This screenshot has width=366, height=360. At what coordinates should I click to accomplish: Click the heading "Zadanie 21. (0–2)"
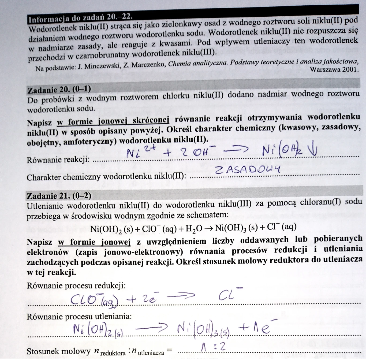tap(59, 196)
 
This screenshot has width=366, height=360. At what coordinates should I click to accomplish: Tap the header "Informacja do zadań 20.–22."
tap(80, 18)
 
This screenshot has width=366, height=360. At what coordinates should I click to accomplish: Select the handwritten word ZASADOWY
tap(248, 169)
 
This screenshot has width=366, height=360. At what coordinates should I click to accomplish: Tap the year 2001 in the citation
tap(349, 69)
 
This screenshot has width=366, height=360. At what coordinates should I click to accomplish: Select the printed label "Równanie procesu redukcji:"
tap(76, 286)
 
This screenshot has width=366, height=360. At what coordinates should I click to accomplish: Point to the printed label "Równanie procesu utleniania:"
tap(79, 317)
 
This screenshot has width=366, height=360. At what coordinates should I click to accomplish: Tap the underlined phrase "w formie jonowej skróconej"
tap(113, 121)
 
